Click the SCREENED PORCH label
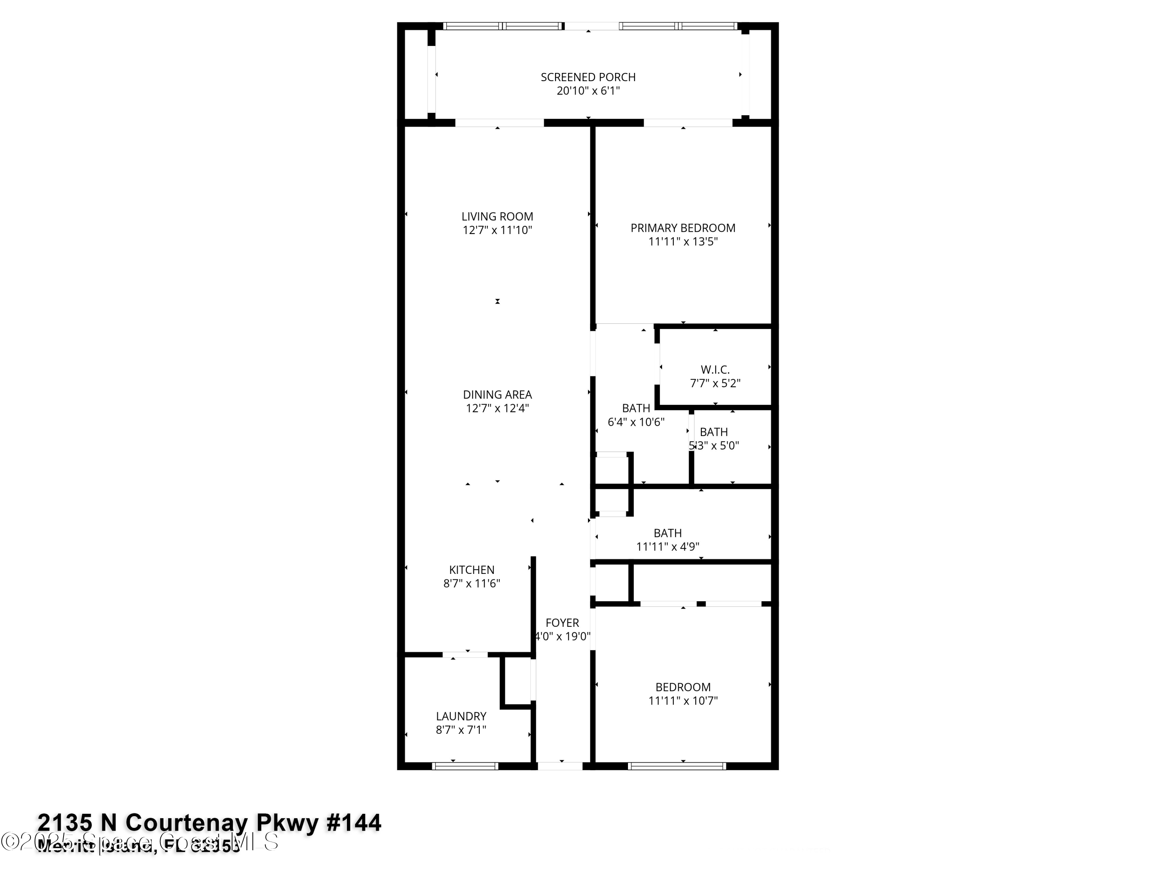coord(588,77)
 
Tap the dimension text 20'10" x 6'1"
coord(588,91)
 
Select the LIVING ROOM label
coord(497,216)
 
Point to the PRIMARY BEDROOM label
coord(682,228)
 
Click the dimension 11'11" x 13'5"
coord(682,242)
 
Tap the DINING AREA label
coord(497,394)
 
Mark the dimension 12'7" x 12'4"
coord(497,408)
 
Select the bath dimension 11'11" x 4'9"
coord(668,546)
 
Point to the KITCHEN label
coord(472,570)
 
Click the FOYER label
coord(562,622)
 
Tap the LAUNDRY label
coord(461,716)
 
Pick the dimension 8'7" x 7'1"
coord(461,730)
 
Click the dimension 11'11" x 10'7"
coord(682,701)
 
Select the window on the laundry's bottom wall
coord(465,766)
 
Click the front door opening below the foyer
coord(560,766)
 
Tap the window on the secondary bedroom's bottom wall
coord(677,766)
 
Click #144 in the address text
coord(353,822)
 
